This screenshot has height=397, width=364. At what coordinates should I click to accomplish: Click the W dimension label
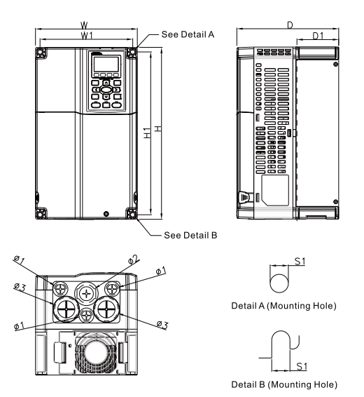(x=84, y=25)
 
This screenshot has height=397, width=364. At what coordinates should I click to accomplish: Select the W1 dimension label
(x=84, y=35)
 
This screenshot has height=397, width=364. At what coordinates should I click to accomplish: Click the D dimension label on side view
(x=290, y=25)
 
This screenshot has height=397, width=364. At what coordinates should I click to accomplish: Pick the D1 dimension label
(x=317, y=35)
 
